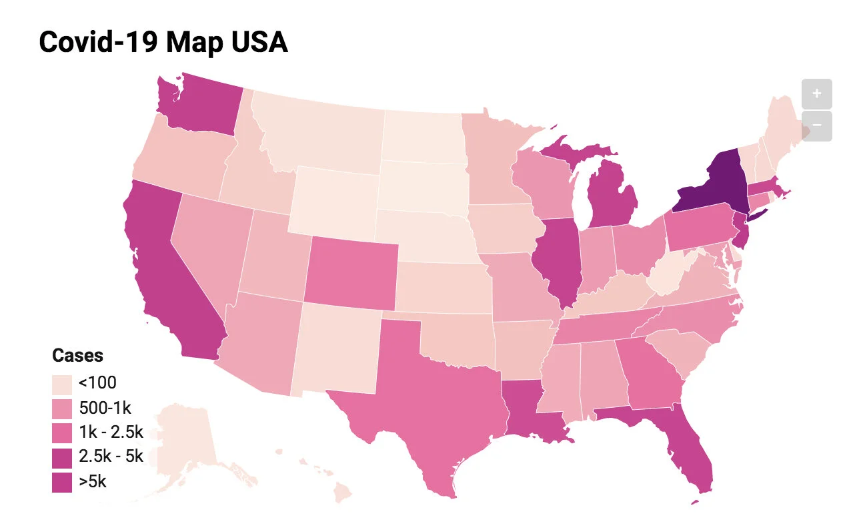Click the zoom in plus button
[817, 93]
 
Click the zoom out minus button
[817, 126]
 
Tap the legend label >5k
[93, 481]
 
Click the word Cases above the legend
[78, 356]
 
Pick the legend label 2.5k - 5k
[111, 457]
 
